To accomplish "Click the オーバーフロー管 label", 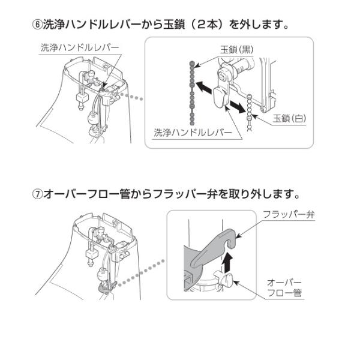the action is pyautogui.click(x=285, y=287).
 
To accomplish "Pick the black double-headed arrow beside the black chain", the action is pyautogui.click(x=205, y=88).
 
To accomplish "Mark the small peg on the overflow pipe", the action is pyautogui.click(x=227, y=278).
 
